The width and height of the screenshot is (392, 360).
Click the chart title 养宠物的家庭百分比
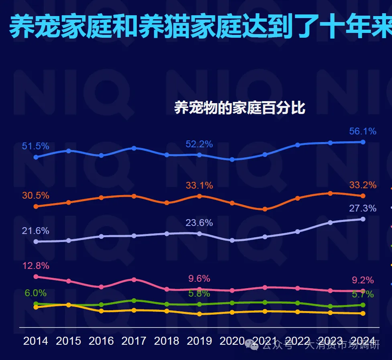(240, 108)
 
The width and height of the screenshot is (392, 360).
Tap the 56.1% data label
(363, 131)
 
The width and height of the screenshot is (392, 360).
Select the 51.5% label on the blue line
(35, 146)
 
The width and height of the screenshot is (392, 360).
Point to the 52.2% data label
(199, 144)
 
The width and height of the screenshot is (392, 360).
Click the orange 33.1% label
(199, 185)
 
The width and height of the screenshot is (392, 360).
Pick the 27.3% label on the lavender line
(363, 208)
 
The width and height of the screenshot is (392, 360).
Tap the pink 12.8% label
(35, 266)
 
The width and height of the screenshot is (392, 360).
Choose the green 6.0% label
(35, 293)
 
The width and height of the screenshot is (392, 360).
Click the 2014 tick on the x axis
(35, 341)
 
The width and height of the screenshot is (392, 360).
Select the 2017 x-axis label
(134, 341)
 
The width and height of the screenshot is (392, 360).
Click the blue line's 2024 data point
(363, 142)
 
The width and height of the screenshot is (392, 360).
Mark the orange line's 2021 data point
(265, 209)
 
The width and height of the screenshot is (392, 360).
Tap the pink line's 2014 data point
(36, 277)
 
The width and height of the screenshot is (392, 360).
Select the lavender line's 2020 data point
(232, 240)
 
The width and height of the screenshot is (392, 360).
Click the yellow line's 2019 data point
(199, 314)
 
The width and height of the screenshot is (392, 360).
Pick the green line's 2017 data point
(134, 300)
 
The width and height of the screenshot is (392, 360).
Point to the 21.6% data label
(35, 231)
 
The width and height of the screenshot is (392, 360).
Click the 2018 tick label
(167, 341)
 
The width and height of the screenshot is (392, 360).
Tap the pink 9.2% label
(363, 280)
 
